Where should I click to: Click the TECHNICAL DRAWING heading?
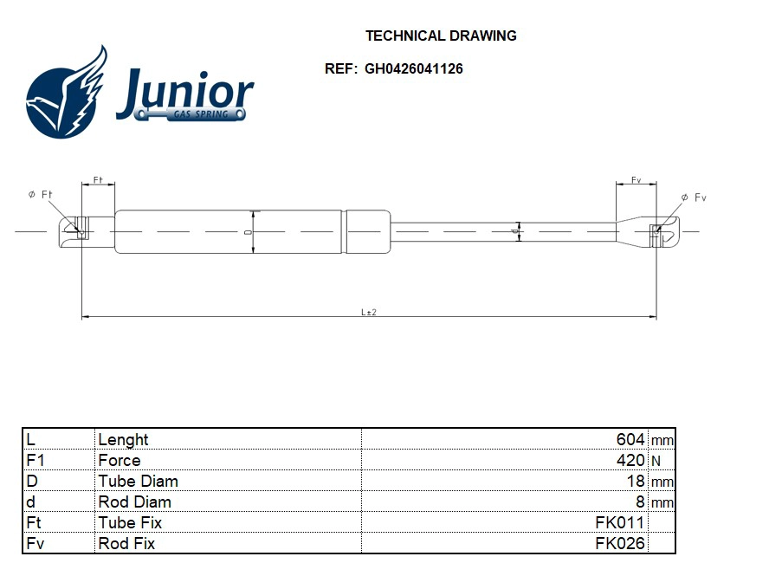pos(441,36)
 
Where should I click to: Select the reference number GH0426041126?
pos(413,68)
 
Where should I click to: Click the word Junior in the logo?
pos(184,92)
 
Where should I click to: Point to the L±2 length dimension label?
pos(369,312)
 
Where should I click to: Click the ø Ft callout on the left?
pos(40,195)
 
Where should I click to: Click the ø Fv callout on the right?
pos(694,198)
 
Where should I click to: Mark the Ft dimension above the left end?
pos(98,180)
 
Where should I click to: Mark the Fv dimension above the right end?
pos(636,180)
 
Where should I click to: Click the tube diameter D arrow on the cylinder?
pos(253,231)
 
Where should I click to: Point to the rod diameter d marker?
pos(518,230)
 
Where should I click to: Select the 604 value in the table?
pos(630,439)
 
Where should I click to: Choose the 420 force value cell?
pos(630,460)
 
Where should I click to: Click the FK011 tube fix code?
pos(619,522)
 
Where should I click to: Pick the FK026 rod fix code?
pos(619,543)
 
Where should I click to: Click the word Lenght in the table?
pos(123,439)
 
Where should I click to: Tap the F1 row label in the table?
pos(36,460)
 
